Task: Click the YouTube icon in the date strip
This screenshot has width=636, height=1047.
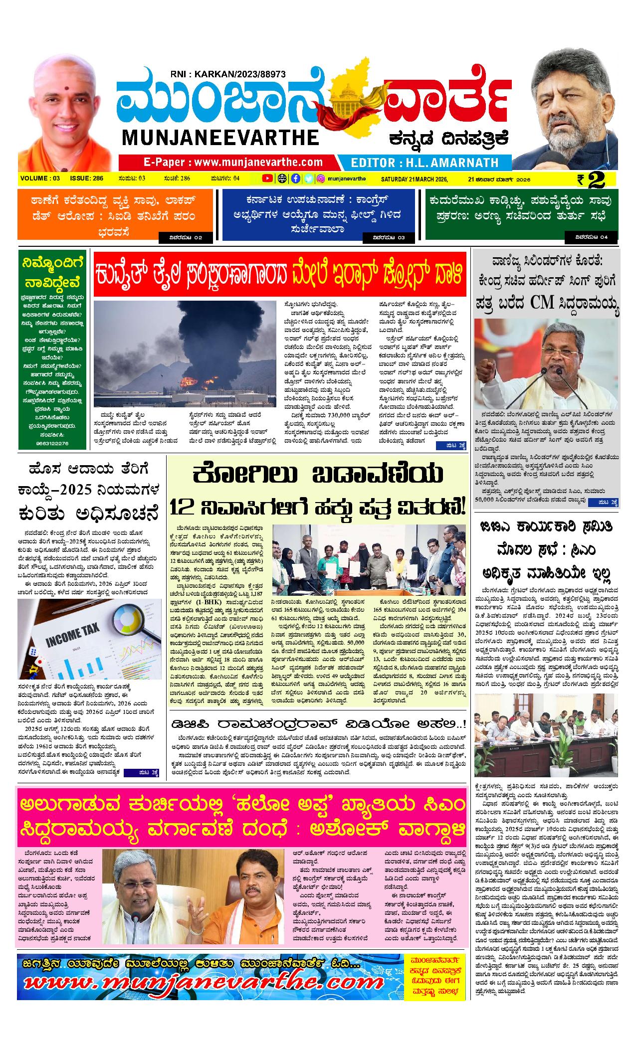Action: (x=268, y=178)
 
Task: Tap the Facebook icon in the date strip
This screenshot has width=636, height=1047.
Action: (x=295, y=178)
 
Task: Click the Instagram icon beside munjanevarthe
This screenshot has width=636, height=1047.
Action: (x=322, y=178)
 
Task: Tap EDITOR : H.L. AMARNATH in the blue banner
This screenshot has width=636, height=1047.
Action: (x=424, y=163)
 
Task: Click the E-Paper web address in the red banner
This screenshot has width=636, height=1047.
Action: (x=233, y=162)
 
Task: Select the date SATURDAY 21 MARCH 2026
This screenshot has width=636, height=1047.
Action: (x=414, y=179)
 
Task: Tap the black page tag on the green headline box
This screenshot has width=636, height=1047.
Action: (x=591, y=237)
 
